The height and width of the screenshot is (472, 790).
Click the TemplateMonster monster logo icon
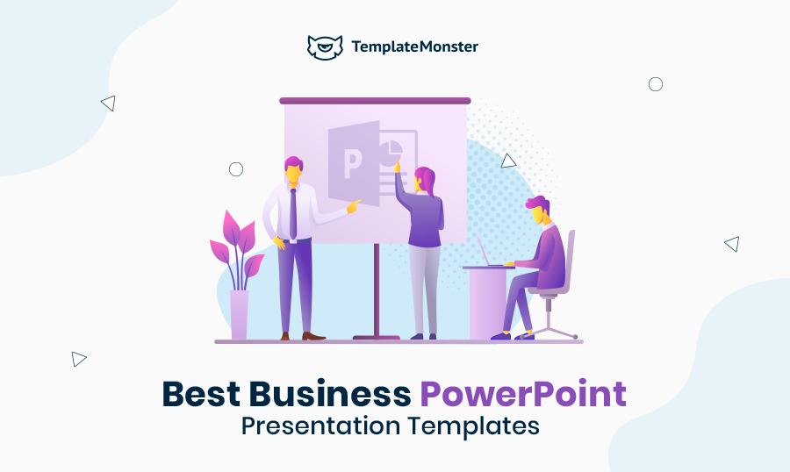pyautogui.click(x=325, y=47)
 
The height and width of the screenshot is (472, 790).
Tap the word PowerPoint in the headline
pyautogui.click(x=523, y=394)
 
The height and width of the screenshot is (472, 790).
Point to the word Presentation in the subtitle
pyautogui.click(x=321, y=426)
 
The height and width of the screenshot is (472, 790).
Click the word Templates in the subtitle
pyautogui.click(x=474, y=426)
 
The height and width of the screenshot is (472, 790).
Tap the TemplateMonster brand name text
pyautogui.click(x=414, y=46)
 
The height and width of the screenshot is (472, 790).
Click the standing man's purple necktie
pyautogui.click(x=292, y=214)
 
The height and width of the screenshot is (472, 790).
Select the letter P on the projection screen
pyautogui.click(x=353, y=164)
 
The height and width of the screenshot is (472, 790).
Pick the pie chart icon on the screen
pyautogui.click(x=391, y=152)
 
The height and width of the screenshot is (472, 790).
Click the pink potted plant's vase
pyautogui.click(x=240, y=314)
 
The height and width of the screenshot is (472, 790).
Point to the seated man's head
pyautogui.click(x=539, y=210)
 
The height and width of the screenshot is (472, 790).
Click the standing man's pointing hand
pyautogui.click(x=354, y=205)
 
